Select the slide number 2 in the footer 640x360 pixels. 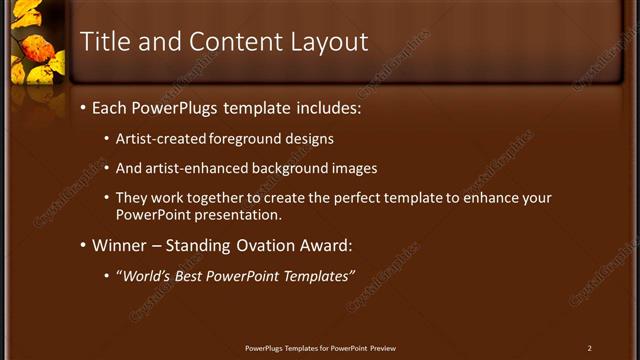coord(590,348)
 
